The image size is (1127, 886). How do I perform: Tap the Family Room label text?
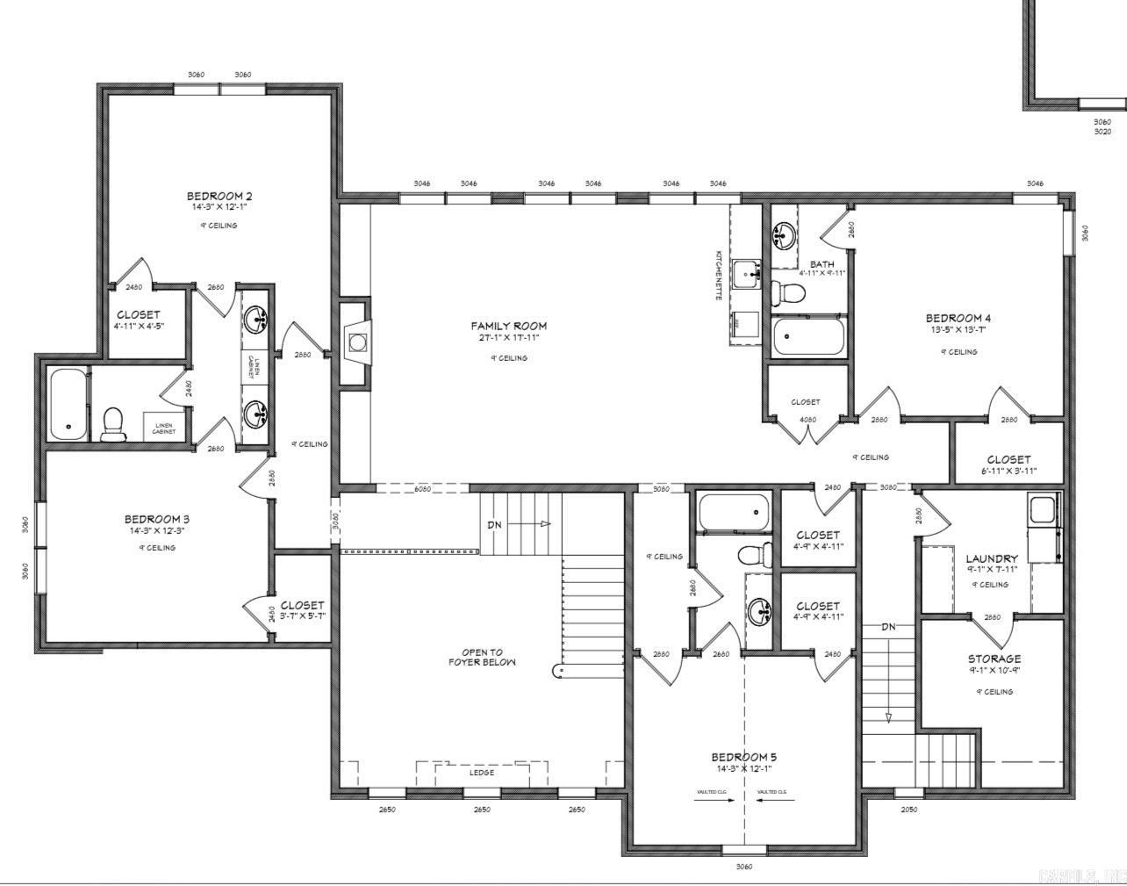pos(508,326)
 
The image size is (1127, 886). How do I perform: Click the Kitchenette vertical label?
pos(718,275)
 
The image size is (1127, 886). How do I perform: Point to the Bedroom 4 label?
pos(958,318)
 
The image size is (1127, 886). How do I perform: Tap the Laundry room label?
pos(992,558)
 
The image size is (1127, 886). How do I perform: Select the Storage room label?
pos(994,659)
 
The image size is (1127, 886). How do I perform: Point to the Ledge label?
pos(481,773)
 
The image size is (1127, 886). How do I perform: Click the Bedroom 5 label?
pos(743,757)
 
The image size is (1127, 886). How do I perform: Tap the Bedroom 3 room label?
pos(156,519)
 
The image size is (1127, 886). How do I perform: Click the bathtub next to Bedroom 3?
pos(68,405)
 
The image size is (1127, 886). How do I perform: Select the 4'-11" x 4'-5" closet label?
pos(139,314)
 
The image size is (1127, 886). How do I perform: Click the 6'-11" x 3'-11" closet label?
pos(1009,459)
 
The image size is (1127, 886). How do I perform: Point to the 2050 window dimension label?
pos(909,810)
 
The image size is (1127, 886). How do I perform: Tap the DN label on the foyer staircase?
pos(495,524)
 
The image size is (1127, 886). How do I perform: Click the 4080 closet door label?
pos(808,420)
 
